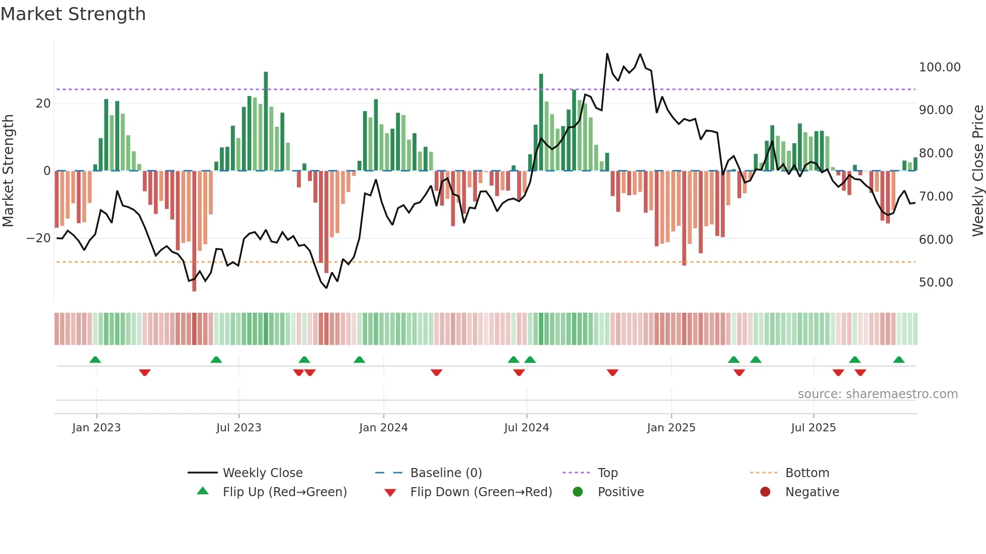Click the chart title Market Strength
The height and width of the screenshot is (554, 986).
[73, 14]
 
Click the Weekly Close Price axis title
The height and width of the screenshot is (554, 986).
[977, 170]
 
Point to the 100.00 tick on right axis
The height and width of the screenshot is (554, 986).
[939, 67]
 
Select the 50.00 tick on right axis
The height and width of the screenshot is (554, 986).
[936, 283]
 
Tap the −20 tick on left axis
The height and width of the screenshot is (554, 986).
[39, 238]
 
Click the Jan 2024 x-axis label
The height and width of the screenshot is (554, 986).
[383, 428]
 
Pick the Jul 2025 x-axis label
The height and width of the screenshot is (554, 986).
[813, 428]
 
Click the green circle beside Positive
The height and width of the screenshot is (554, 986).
[578, 492]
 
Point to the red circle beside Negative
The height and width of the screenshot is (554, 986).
[765, 492]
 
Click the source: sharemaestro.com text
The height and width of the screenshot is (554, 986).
[877, 394]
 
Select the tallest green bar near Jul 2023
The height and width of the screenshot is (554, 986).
[266, 121]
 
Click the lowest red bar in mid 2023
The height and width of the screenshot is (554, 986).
[194, 231]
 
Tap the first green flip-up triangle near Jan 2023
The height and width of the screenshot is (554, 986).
[95, 359]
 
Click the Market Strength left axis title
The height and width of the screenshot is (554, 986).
[9, 170]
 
